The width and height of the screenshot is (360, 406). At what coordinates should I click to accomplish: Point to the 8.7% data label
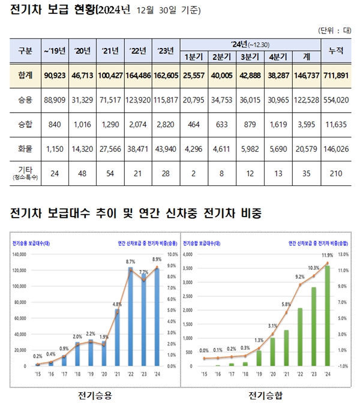coord(131,262)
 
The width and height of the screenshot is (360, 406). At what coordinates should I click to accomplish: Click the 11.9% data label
coord(327,255)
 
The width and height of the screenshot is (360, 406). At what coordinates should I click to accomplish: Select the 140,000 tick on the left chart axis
coord(22,254)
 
